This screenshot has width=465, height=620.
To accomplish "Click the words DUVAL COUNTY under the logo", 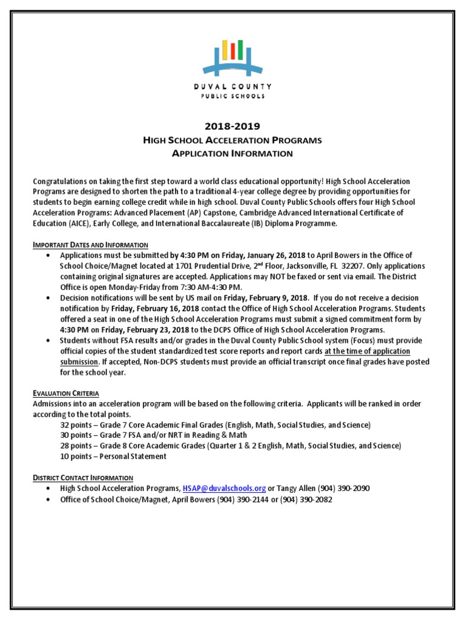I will click(x=232, y=87).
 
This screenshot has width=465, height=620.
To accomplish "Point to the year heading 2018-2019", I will click(x=232, y=127).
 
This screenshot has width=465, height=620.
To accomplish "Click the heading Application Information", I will click(x=232, y=154).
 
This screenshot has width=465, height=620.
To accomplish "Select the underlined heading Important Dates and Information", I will click(x=90, y=245).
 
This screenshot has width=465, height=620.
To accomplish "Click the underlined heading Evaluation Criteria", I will click(x=65, y=393).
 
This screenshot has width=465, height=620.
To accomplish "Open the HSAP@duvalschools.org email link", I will click(x=224, y=488).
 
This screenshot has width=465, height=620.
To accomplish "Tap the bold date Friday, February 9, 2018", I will click(x=267, y=298).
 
